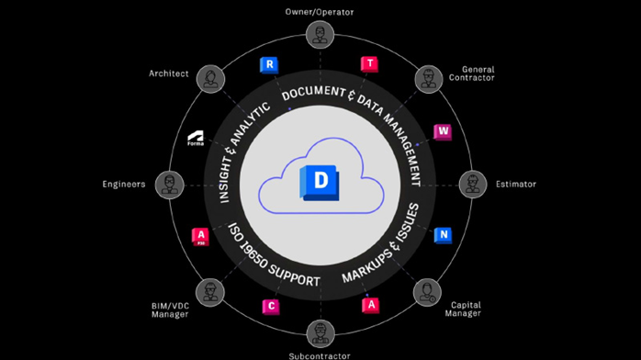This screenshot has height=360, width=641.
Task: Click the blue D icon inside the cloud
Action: [320, 182]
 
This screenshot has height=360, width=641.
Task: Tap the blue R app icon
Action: [269, 65]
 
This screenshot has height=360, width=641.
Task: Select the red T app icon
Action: [370, 64]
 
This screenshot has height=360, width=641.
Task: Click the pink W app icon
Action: [443, 132]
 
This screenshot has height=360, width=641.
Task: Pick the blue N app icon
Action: [443, 235]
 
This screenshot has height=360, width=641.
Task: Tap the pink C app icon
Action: [271, 306]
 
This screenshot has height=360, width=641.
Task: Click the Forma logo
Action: [197, 140]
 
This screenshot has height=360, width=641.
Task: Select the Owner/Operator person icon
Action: [320, 36]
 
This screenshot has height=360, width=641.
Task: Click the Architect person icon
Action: [211, 78]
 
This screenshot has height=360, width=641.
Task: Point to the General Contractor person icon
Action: [428, 78]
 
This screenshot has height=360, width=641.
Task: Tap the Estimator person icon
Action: [473, 184]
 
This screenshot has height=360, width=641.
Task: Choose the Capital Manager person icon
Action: [428, 292]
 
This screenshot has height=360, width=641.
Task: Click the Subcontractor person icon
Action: [320, 332]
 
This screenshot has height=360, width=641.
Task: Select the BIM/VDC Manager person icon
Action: [211, 292]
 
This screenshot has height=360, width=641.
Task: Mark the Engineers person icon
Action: [168, 184]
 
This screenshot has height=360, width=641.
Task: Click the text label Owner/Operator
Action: [320, 13]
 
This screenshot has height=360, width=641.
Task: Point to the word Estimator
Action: [515, 184]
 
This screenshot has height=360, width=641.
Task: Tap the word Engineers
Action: [123, 184]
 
